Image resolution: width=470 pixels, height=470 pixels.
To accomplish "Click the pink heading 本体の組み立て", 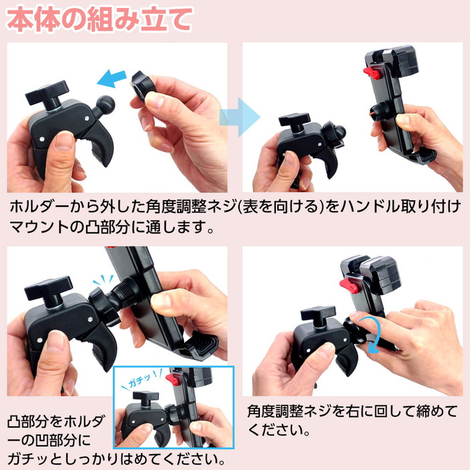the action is click(x=99, y=19).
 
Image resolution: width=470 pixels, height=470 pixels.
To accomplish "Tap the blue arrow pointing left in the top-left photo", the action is click(x=111, y=79).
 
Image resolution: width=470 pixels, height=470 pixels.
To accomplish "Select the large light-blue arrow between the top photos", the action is click(x=240, y=117).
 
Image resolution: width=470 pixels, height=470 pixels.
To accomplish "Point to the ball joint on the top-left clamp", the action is click(x=105, y=104).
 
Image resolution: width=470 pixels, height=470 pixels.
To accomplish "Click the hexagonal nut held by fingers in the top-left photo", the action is click(x=143, y=87).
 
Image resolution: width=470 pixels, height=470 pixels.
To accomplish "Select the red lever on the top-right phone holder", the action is click(x=372, y=73).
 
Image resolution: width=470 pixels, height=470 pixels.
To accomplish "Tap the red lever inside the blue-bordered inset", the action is click(x=172, y=379).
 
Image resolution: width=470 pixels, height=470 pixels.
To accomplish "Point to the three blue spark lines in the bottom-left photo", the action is click(x=103, y=280).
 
